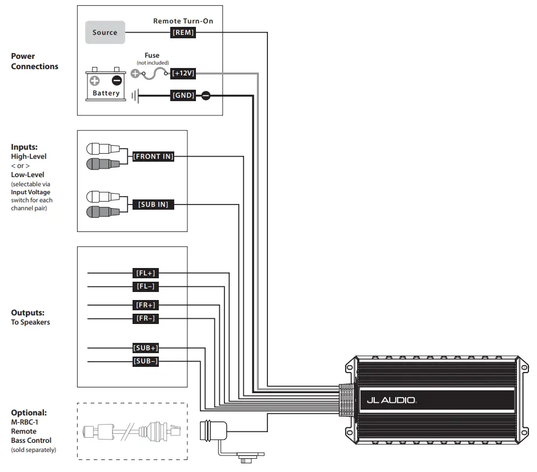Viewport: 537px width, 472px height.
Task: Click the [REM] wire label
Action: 183,33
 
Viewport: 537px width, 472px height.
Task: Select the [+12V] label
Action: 183,74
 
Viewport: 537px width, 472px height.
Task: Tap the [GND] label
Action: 183,96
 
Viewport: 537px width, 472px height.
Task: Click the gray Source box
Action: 105,33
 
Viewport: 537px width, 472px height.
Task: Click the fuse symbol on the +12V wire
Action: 153,74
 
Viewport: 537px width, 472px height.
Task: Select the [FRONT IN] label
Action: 153,156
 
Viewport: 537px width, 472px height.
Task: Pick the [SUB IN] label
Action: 153,204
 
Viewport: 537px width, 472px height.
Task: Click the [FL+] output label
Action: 146,273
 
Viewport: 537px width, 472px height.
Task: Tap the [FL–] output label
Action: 146,286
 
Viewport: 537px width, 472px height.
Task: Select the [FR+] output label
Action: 146,305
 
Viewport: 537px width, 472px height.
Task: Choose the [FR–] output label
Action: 146,318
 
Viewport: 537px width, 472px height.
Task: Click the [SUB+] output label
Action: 146,347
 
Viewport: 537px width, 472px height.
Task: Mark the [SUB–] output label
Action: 146,361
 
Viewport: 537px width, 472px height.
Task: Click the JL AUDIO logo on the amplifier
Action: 391,401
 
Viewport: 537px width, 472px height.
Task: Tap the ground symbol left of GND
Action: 135,96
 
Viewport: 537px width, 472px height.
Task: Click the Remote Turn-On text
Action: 183,21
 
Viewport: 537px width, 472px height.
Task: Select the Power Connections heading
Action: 34,61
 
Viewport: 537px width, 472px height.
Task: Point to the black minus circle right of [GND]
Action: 206,96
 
